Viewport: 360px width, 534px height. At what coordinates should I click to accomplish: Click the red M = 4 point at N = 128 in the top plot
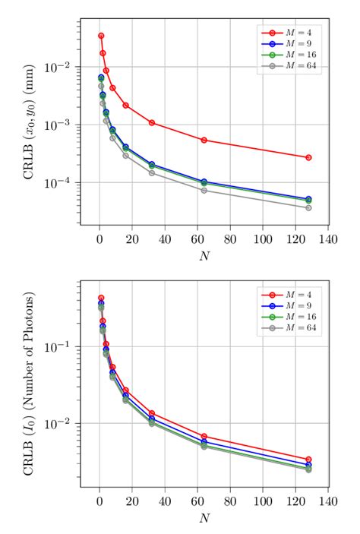pyautogui.click(x=308, y=157)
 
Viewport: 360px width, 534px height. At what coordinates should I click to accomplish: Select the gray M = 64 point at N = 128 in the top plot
pyautogui.click(x=308, y=207)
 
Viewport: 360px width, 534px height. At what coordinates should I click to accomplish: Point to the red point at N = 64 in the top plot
pyautogui.click(x=204, y=140)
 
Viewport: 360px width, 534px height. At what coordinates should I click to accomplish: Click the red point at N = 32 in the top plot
pyautogui.click(x=152, y=122)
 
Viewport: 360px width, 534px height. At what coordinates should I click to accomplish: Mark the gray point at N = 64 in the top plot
pyautogui.click(x=204, y=190)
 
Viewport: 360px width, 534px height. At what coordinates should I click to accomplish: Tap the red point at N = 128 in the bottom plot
pyautogui.click(x=308, y=460)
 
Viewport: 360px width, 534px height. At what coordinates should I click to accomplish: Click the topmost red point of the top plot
pyautogui.click(x=101, y=36)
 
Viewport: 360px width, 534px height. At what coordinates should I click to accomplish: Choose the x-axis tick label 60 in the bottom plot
pyautogui.click(x=197, y=502)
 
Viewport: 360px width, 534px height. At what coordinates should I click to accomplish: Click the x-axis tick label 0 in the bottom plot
pyautogui.click(x=99, y=502)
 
